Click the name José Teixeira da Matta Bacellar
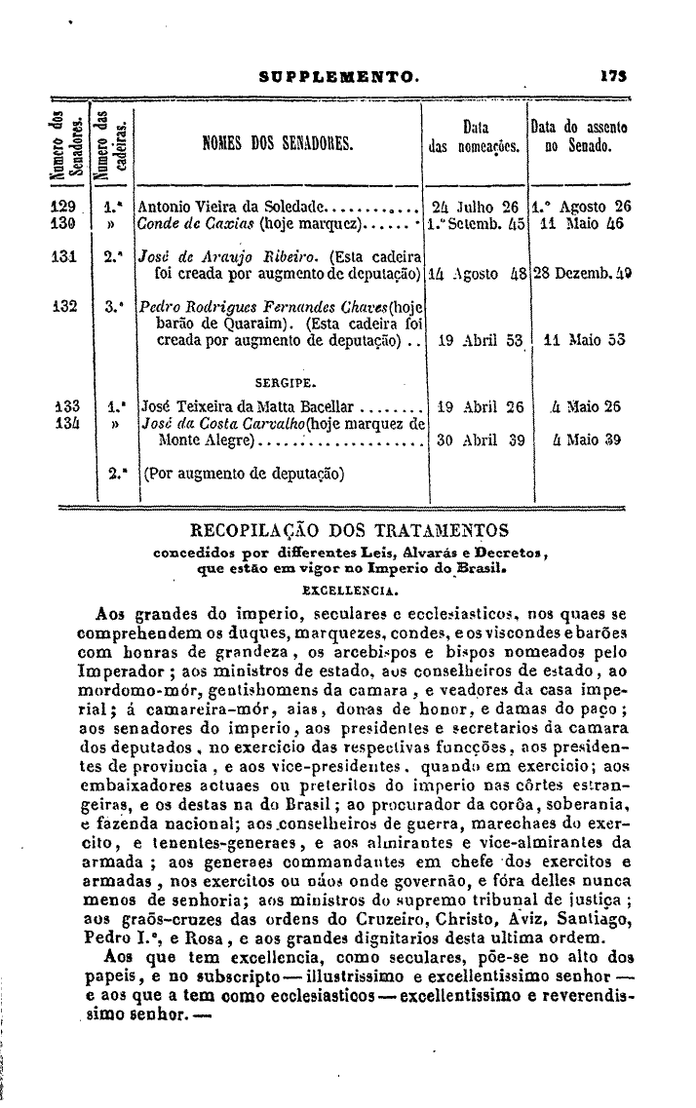point(250,407)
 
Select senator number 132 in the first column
point(64,305)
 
